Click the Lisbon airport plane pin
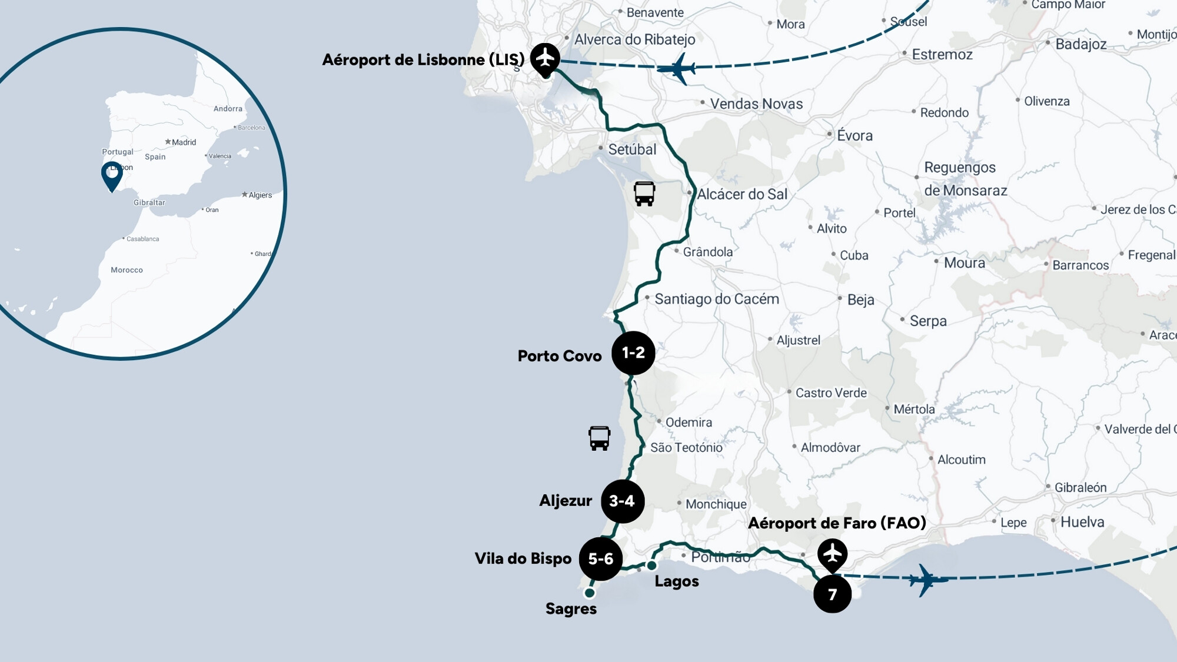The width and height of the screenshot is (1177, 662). coord(545,58)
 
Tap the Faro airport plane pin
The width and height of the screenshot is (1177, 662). coord(832,554)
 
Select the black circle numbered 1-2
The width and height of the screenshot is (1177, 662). coord(633,353)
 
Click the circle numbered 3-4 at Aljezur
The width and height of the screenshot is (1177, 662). coord(622,501)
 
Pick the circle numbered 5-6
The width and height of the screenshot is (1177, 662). coord(600,559)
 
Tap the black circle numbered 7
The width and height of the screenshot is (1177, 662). coord(832,594)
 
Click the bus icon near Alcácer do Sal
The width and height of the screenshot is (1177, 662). coord(644,194)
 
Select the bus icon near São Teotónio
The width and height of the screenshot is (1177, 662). coord(599,438)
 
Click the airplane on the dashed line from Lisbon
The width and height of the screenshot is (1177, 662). coord(679,69)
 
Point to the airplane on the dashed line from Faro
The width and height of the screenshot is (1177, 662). coord(927,580)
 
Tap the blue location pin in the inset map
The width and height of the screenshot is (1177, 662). coord(112,175)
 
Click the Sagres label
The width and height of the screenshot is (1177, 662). coord(571,609)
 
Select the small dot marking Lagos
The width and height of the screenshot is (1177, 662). coord(651,565)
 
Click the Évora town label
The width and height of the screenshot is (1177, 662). coord(855,135)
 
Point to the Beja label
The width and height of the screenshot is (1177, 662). coord(860,300)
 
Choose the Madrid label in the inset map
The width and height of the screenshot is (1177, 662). coord(184,142)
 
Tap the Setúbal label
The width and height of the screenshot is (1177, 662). coord(632,149)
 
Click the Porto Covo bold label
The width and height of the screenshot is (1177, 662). coord(559,356)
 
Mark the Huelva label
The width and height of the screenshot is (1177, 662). coord(1082,522)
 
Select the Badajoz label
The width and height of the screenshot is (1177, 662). coord(1080,44)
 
